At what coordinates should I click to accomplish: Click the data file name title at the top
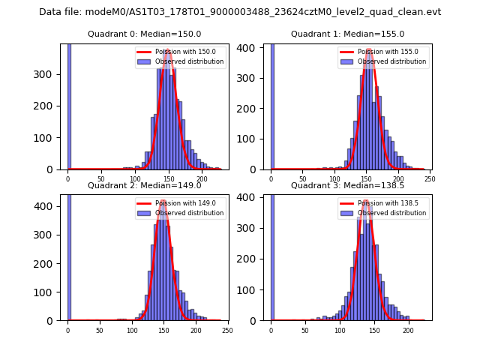pos(240,12)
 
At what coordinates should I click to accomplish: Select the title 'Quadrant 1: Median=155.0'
pos(347,34)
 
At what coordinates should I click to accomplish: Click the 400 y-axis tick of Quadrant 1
pos(252,47)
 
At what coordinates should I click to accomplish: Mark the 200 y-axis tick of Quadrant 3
pos(252,258)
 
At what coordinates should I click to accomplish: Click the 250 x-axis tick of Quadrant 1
pos(430,179)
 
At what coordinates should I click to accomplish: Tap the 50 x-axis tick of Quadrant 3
pos(305,330)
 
